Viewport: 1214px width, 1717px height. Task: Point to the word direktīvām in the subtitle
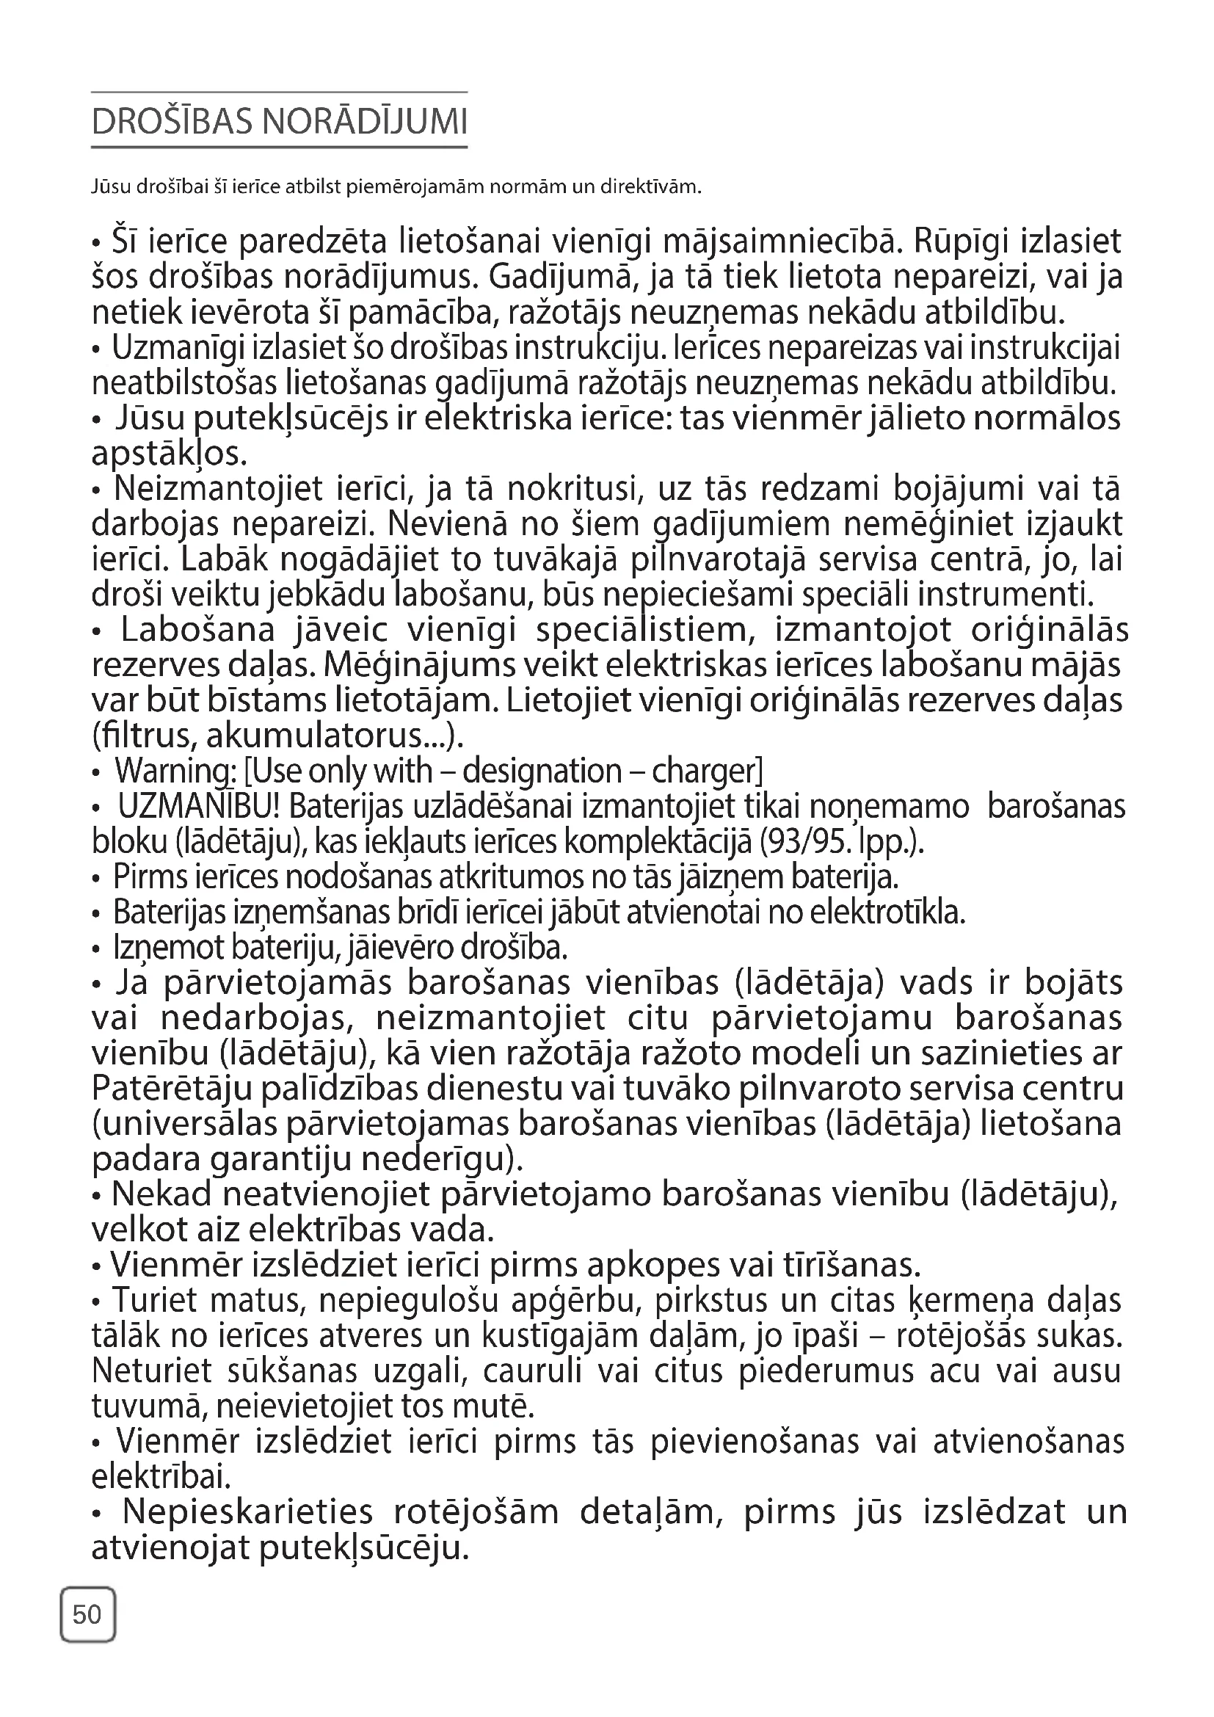(651, 186)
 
